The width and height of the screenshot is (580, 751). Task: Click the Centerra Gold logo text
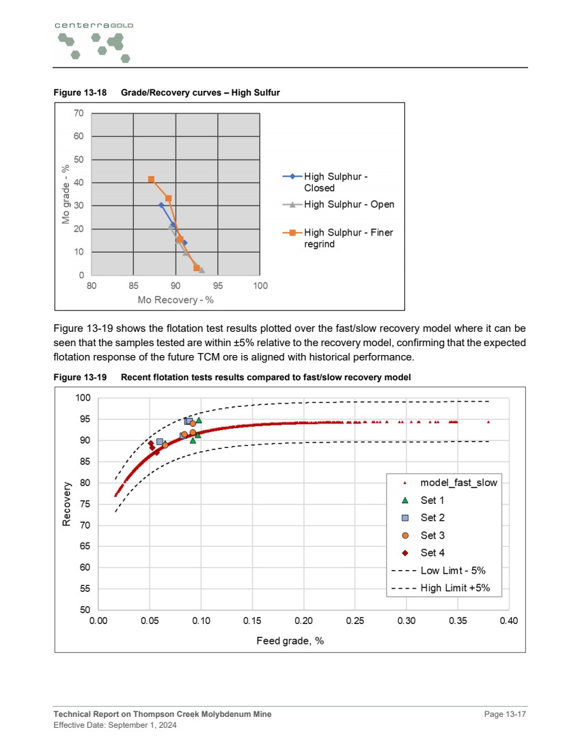pyautogui.click(x=94, y=25)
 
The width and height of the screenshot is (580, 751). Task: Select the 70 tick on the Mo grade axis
pyautogui.click(x=79, y=113)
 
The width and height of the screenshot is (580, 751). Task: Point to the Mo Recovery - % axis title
pyautogui.click(x=176, y=300)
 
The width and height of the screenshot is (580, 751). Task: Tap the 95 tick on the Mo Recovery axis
pyautogui.click(x=218, y=285)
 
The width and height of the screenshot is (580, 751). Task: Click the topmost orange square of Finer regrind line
pyautogui.click(x=151, y=180)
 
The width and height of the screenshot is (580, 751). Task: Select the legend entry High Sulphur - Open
pyautogui.click(x=348, y=204)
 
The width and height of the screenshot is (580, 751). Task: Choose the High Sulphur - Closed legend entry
pyautogui.click(x=336, y=182)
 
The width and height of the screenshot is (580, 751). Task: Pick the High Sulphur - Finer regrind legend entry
pyautogui.click(x=348, y=238)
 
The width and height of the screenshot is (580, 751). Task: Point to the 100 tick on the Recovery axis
pyautogui.click(x=83, y=398)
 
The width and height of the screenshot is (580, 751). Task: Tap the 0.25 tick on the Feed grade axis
pyautogui.click(x=355, y=621)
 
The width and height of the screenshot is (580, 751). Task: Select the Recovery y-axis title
pyautogui.click(x=67, y=504)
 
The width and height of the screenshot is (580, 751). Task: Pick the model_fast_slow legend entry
pyautogui.click(x=458, y=483)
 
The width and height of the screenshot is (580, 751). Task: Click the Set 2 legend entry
pyautogui.click(x=432, y=518)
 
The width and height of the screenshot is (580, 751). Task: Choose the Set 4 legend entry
pyautogui.click(x=432, y=553)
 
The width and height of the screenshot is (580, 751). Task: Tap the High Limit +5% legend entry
pyautogui.click(x=455, y=588)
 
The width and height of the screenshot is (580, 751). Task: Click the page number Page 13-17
pyautogui.click(x=506, y=714)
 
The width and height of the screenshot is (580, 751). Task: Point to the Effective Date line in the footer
pyautogui.click(x=115, y=725)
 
